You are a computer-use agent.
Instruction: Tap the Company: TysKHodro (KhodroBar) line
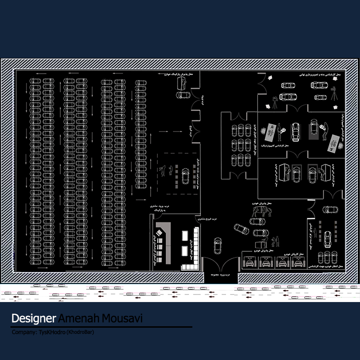point(53,332)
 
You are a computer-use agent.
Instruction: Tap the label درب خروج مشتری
point(207,220)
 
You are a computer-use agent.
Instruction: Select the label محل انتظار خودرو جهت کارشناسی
point(327,267)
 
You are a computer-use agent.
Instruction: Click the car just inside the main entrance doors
point(218,245)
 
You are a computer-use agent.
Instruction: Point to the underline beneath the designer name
point(102,327)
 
